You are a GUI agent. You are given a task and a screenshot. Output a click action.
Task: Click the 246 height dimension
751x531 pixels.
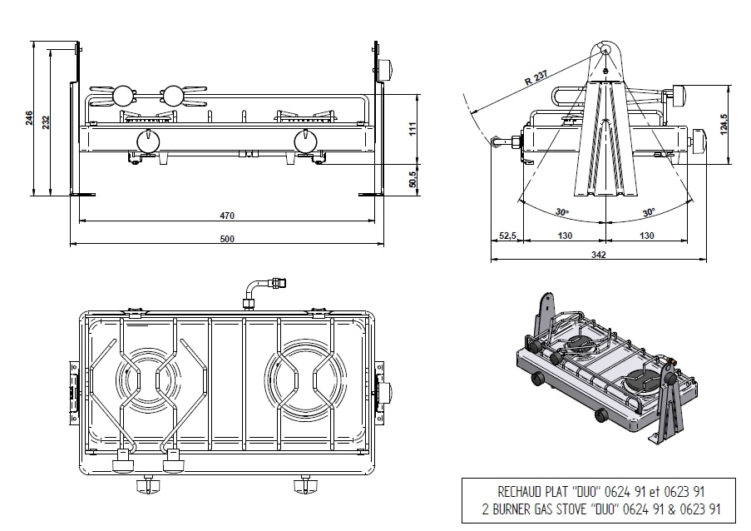coord(29,119)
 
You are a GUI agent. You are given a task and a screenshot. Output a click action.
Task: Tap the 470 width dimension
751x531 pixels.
coord(227,216)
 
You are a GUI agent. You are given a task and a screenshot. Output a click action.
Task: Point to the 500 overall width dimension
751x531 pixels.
coord(227,239)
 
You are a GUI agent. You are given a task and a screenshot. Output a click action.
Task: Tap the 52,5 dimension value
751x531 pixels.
coord(507,236)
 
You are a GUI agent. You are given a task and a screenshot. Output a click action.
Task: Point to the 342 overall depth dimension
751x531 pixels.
coord(597,255)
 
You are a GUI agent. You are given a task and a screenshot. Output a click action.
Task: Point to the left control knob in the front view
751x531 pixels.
coord(148,142)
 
